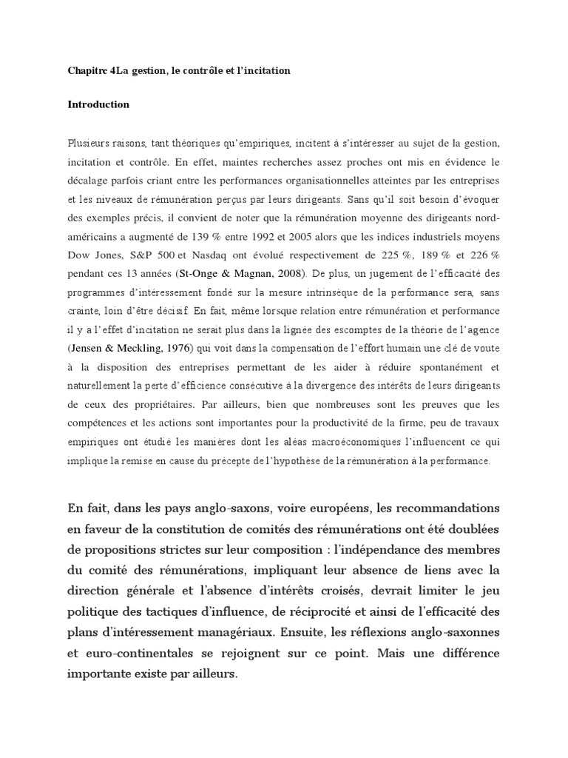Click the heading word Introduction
(98, 104)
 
